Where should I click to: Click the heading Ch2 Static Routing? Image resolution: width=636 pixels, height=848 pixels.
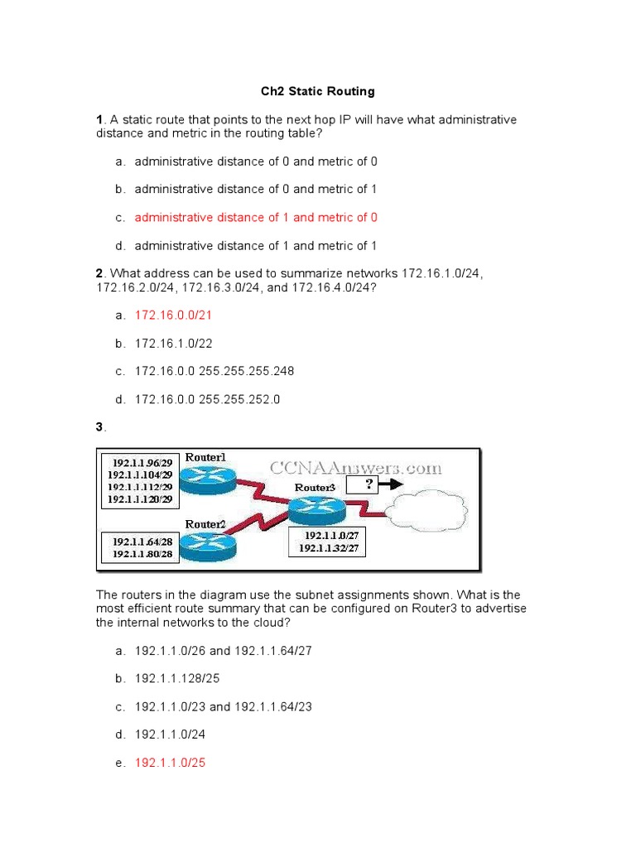(318, 91)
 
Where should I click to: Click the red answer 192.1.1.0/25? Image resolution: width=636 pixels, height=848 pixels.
(170, 763)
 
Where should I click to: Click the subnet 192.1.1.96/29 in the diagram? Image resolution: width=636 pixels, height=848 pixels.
(139, 461)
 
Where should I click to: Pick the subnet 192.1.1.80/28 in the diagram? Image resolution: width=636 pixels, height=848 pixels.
(142, 554)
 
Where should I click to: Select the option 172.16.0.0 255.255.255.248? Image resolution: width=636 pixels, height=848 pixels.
(214, 371)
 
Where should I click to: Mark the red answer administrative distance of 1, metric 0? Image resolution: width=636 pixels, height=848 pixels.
(256, 217)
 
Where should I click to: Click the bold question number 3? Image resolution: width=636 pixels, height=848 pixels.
(99, 427)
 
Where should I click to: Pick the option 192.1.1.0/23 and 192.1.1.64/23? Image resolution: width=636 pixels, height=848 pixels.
(223, 706)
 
